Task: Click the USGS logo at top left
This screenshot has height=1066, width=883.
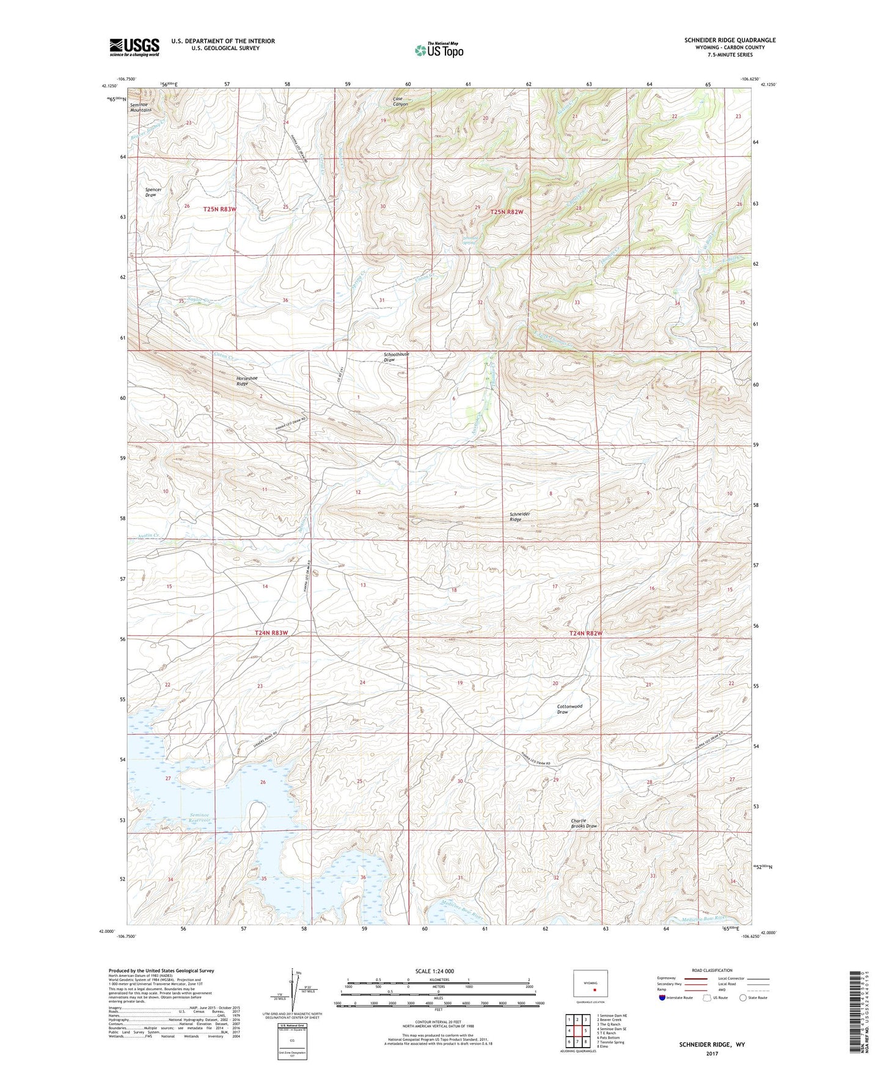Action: (134, 47)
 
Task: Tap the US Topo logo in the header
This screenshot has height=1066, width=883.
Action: (439, 50)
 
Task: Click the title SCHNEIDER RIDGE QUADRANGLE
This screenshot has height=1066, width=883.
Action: (730, 40)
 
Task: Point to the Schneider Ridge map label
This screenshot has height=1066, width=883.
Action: (519, 517)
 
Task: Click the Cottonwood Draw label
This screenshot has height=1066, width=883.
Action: (570, 709)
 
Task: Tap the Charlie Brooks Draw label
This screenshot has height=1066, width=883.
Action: (584, 823)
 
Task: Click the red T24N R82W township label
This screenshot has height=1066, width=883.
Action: (585, 633)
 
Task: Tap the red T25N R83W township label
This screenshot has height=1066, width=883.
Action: (219, 209)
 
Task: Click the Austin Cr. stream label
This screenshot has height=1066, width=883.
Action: (148, 535)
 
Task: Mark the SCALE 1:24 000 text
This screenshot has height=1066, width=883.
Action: (434, 971)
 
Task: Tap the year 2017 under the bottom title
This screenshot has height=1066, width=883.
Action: (711, 1053)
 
